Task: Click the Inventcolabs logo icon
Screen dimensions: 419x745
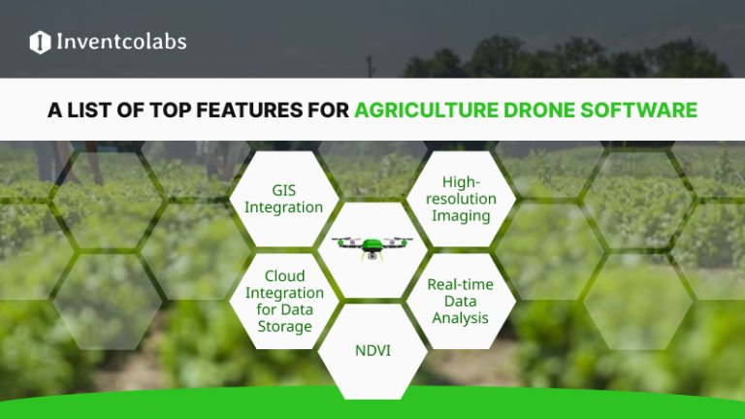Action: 40,42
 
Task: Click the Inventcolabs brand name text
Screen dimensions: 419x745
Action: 120,42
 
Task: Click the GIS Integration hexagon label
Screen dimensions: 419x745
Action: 283,199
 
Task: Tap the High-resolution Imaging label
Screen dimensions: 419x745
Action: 462,198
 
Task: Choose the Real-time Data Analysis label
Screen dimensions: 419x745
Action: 461,301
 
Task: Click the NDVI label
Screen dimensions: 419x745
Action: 372,349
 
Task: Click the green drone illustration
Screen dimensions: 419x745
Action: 372,248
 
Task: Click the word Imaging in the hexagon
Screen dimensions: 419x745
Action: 462,215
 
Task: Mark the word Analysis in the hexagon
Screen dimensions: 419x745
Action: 461,318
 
